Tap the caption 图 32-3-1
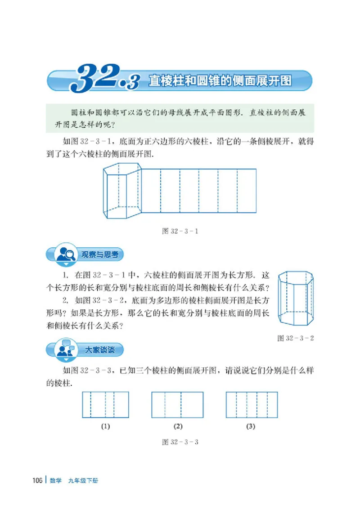point(180,232)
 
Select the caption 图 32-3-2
point(295,338)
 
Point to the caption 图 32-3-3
point(180,442)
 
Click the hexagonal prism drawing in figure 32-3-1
point(122,191)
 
